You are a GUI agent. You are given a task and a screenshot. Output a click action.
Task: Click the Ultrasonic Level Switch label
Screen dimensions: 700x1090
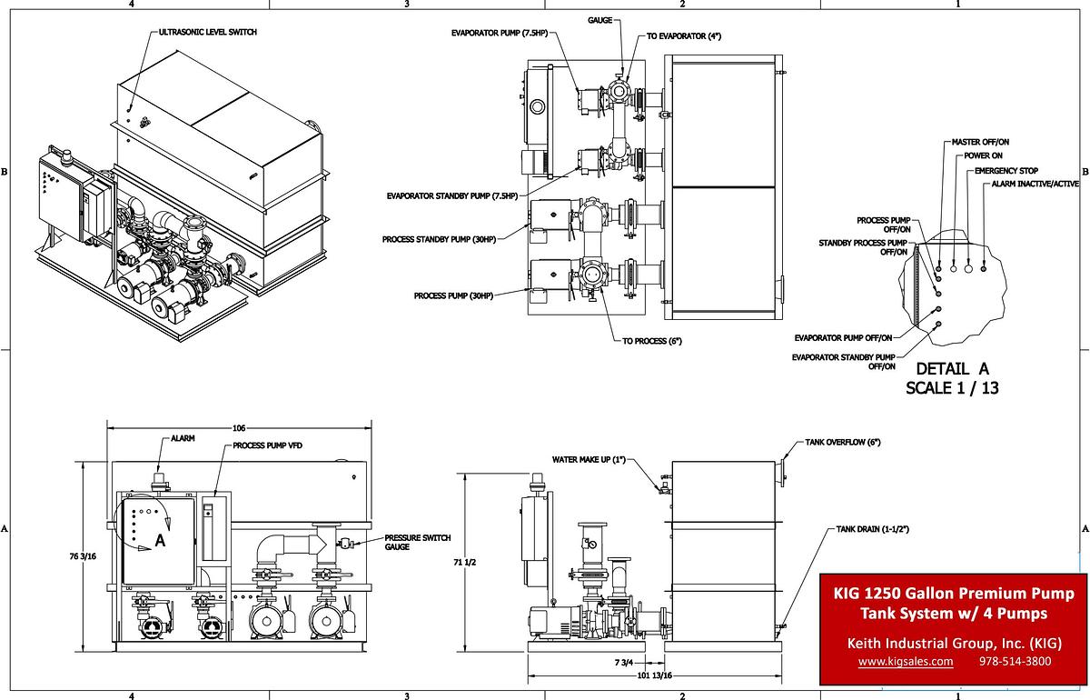click(x=207, y=32)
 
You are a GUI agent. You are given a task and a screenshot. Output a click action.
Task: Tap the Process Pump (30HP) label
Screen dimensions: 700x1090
click(x=452, y=295)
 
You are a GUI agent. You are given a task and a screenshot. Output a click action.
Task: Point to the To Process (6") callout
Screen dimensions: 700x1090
click(x=651, y=341)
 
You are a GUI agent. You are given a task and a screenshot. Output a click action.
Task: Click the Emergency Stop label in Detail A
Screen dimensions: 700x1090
click(x=1006, y=171)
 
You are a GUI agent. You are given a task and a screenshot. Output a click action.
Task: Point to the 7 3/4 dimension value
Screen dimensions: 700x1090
click(x=623, y=662)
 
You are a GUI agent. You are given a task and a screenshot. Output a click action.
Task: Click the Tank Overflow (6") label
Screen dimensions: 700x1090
click(x=843, y=442)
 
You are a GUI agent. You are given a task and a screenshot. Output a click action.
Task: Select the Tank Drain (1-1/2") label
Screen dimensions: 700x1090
click(x=867, y=528)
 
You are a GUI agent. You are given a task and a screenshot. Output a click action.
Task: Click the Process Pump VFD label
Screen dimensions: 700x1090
click(x=268, y=446)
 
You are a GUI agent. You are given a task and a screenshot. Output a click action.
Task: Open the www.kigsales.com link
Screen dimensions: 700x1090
click(x=906, y=662)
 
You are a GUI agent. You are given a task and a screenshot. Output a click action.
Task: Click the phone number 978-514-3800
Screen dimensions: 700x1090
click(x=1015, y=662)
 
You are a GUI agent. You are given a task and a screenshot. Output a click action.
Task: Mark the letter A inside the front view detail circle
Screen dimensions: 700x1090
click(x=160, y=540)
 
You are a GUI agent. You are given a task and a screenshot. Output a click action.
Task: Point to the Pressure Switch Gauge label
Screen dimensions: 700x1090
click(x=417, y=542)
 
